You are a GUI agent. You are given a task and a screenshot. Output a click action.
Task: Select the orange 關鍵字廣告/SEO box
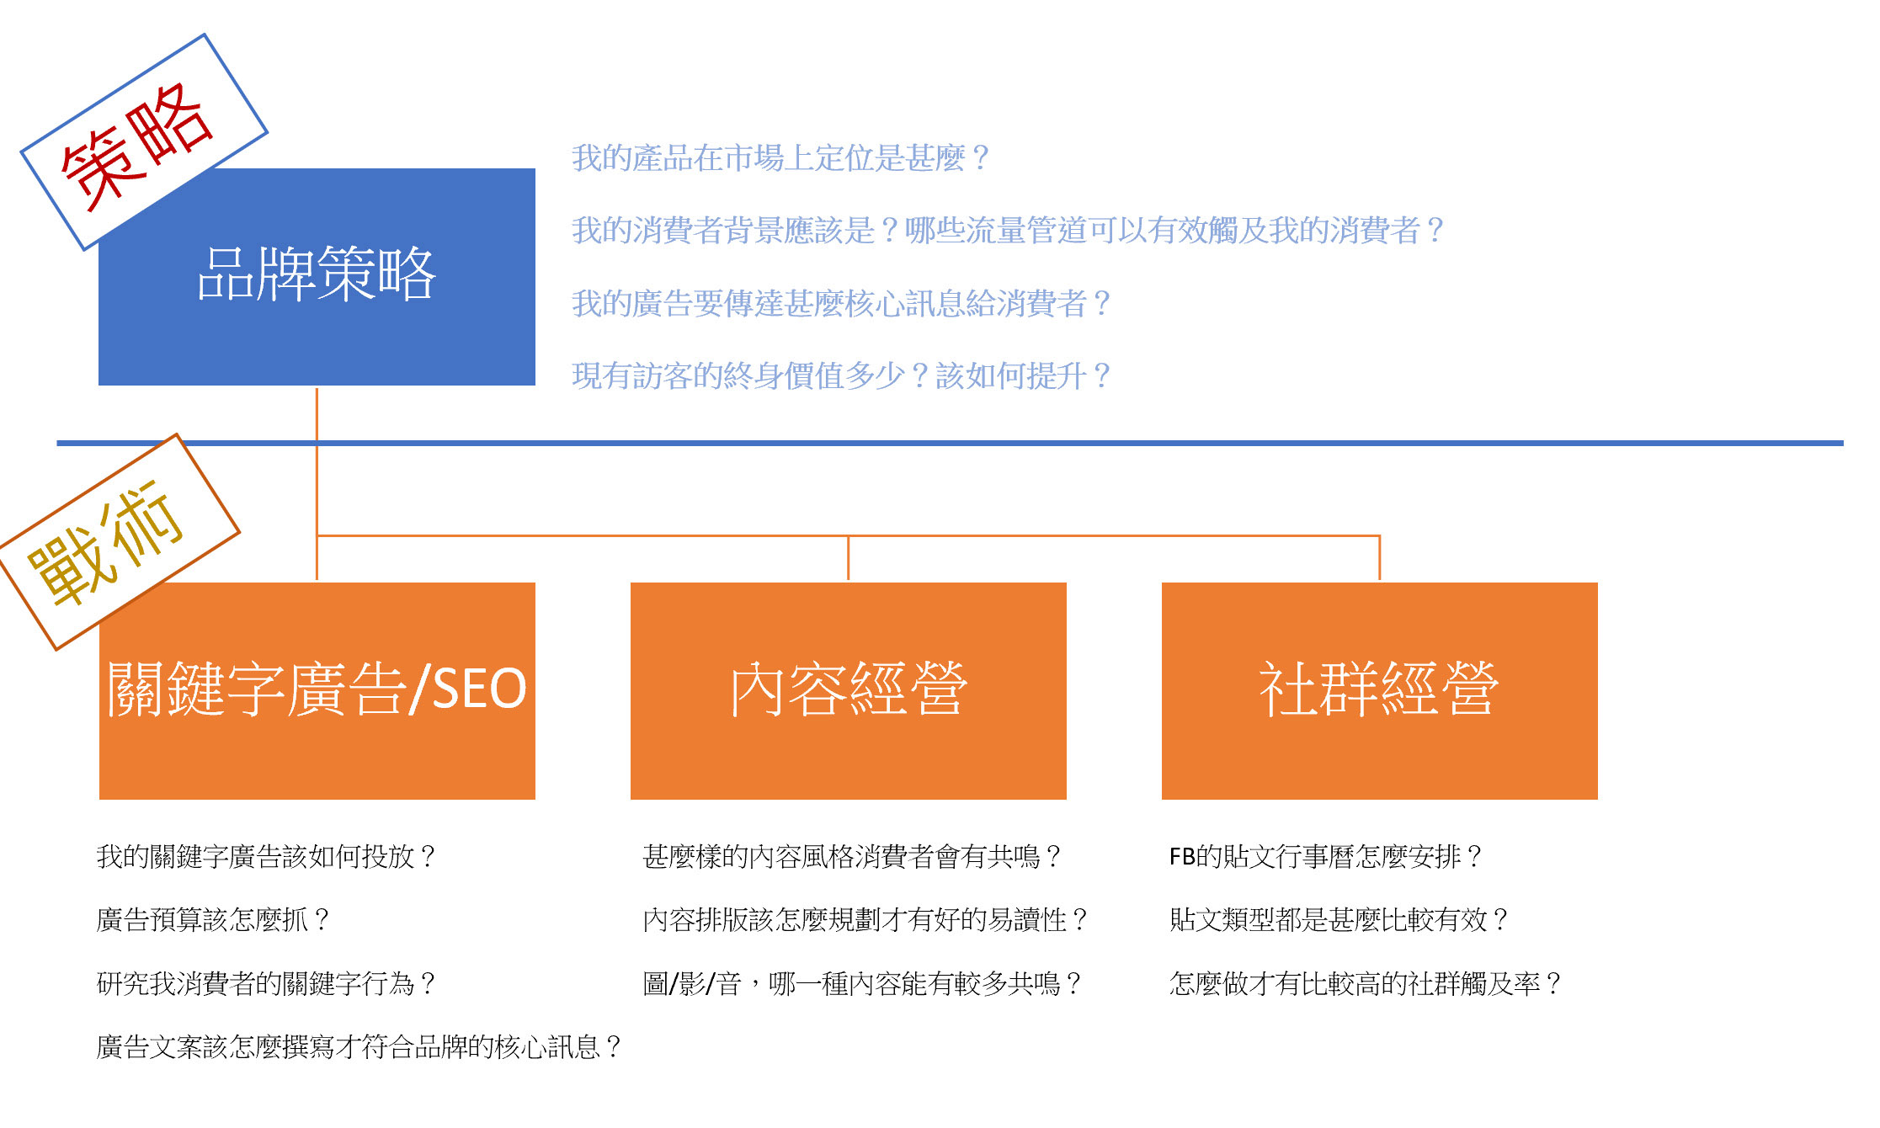click(317, 690)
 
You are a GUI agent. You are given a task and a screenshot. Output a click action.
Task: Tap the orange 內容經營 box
click(849, 690)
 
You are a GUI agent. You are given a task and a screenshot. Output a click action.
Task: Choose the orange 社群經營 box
click(1380, 690)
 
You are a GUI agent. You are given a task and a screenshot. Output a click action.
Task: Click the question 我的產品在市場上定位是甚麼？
click(780, 157)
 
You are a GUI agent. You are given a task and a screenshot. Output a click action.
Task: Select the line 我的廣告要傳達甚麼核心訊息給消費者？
click(841, 303)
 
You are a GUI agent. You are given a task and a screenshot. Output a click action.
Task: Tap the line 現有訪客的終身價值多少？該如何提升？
click(841, 375)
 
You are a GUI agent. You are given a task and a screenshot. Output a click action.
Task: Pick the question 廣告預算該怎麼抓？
click(212, 919)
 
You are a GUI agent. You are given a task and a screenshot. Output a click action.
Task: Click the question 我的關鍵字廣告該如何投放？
click(265, 856)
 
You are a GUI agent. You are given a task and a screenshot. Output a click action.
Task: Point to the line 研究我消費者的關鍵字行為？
click(265, 983)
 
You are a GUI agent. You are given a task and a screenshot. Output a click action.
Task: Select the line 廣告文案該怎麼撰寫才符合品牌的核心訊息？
click(359, 1046)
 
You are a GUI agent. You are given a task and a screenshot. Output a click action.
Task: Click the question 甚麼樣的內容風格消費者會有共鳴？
click(851, 856)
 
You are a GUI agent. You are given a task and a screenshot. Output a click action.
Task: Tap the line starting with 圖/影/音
click(862, 983)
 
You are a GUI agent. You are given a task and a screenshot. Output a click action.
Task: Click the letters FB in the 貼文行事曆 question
click(1182, 857)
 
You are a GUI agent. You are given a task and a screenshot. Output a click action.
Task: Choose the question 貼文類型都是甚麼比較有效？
click(1339, 919)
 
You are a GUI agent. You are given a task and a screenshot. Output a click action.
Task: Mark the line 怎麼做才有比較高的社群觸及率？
click(1366, 983)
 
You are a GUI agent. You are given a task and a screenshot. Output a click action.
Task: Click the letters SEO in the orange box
click(478, 689)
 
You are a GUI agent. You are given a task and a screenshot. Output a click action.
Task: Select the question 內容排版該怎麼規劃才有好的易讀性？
click(865, 919)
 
